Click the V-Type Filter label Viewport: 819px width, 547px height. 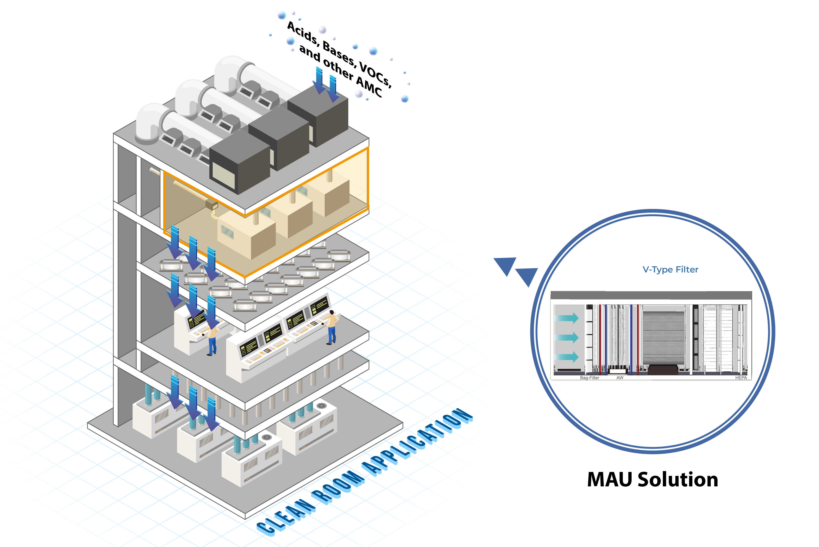pos(670,269)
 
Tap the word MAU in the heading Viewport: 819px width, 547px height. pos(610,479)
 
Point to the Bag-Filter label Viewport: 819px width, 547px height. pos(589,378)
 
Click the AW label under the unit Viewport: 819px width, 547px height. pos(620,378)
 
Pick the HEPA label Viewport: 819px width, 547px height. pos(741,378)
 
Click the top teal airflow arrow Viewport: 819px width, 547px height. pos(567,318)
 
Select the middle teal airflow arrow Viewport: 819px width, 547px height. pos(567,337)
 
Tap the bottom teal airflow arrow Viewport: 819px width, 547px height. pos(567,357)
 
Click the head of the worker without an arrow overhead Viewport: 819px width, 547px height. pos(332,312)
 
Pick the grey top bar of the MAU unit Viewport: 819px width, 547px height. pos(651,295)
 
